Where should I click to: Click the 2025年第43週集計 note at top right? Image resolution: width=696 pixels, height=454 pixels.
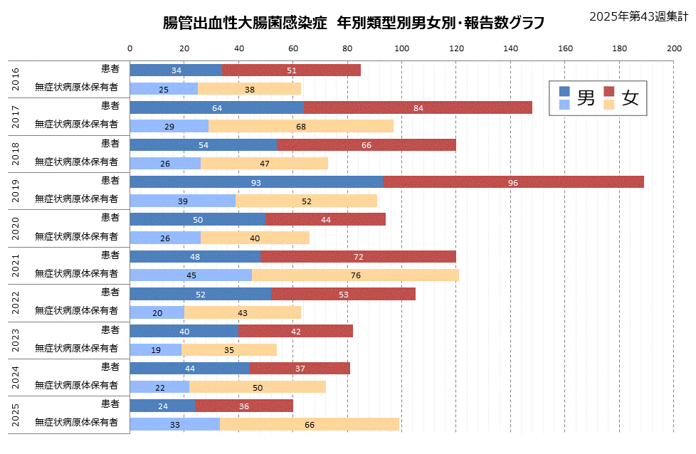[638, 16]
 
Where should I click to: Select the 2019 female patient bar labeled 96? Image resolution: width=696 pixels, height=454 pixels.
[513, 182]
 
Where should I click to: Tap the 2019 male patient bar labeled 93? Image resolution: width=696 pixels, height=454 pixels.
[256, 182]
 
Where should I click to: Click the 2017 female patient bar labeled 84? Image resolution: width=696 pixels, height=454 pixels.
[418, 107]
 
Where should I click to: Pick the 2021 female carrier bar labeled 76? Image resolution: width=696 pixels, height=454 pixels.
[355, 275]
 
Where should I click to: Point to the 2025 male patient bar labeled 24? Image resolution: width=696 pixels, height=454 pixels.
[162, 406]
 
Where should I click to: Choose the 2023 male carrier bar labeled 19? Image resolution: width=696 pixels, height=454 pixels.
[156, 349]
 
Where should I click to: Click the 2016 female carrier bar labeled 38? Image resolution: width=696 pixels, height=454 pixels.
[249, 89]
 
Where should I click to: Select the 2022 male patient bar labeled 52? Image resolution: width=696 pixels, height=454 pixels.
[201, 294]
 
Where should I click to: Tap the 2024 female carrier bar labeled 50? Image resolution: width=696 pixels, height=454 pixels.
[258, 387]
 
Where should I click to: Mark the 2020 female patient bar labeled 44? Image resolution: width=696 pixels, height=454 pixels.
[326, 219]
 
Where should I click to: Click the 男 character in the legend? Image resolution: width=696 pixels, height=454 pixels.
[586, 98]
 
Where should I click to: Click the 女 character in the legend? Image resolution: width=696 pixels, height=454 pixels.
[630, 98]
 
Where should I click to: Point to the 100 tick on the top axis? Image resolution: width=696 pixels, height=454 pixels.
[401, 48]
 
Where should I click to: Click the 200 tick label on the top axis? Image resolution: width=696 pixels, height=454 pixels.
[674, 48]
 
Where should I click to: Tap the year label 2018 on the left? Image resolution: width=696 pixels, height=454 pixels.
[16, 153]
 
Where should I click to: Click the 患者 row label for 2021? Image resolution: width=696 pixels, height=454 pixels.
[110, 255]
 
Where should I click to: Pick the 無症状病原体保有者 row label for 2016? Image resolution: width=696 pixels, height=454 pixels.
[77, 88]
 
